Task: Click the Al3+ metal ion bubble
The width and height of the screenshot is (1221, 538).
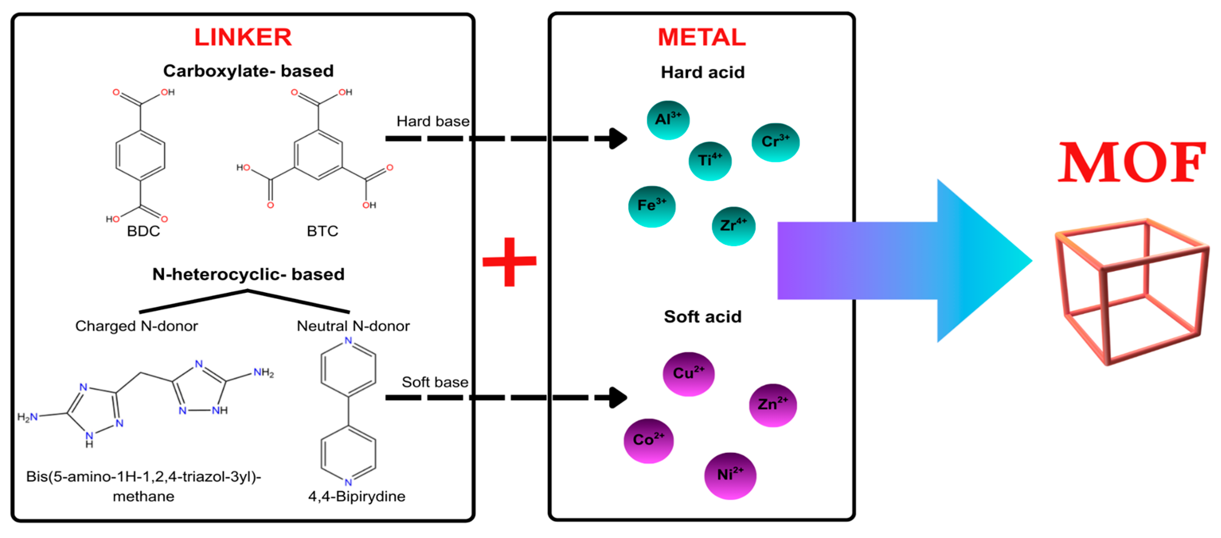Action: (x=668, y=120)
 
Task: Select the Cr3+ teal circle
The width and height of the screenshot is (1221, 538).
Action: (x=775, y=142)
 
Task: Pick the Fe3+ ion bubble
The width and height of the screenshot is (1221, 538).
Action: (x=652, y=207)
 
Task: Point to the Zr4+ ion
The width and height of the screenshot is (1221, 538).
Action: (x=734, y=226)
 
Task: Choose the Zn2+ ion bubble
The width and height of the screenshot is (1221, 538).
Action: (x=773, y=405)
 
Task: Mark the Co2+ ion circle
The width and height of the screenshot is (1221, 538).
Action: (x=649, y=441)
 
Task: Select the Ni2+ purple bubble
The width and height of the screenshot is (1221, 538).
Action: (x=730, y=476)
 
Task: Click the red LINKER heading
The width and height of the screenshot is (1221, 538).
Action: (x=243, y=37)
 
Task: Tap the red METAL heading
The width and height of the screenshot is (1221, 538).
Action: (x=702, y=37)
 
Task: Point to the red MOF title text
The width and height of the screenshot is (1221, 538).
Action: (x=1132, y=163)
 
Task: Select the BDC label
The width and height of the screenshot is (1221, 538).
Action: (x=144, y=231)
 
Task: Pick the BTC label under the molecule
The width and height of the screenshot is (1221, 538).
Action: (x=322, y=231)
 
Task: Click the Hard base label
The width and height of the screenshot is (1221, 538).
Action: (x=433, y=121)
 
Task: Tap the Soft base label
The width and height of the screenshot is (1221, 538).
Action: (x=435, y=382)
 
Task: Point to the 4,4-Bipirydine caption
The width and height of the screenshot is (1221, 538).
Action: (x=357, y=496)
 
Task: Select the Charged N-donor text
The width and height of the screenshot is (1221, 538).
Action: (x=136, y=326)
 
